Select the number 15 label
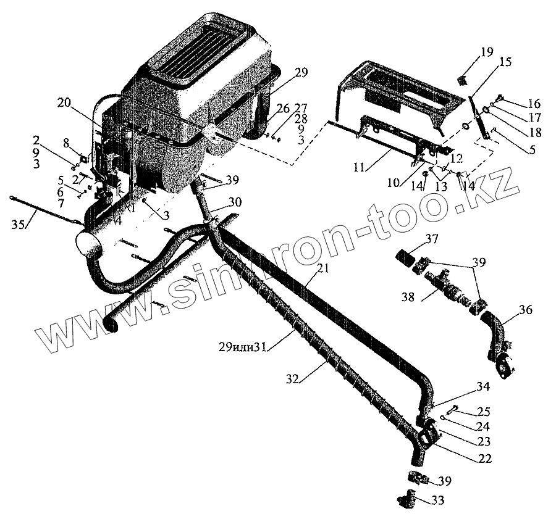point(505,62)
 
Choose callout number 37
point(431,239)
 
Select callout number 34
point(482,388)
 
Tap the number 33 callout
point(438,500)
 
